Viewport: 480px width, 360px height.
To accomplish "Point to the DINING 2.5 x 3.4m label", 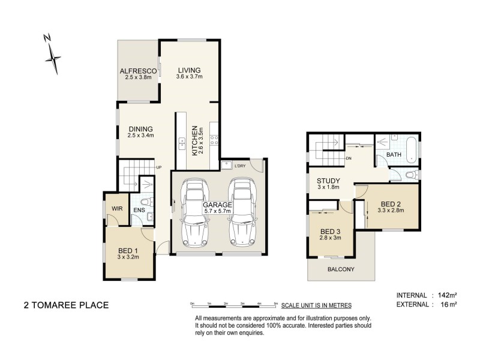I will [140, 131].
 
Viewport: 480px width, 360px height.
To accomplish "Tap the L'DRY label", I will [241, 166].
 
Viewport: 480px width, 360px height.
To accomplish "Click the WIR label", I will [116, 208].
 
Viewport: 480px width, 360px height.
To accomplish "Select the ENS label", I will [138, 210].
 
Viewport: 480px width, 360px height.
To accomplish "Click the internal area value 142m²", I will [447, 295].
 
